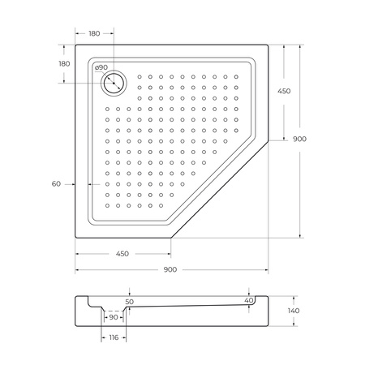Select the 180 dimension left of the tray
pyautogui.click(x=64, y=64)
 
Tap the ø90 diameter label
pyautogui.click(x=101, y=68)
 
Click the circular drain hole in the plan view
pyautogui.click(x=114, y=82)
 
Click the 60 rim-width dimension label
pyautogui.click(x=56, y=184)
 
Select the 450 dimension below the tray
pyautogui.click(x=122, y=254)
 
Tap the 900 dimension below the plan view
pyautogui.click(x=170, y=269)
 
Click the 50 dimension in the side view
pyautogui.click(x=130, y=301)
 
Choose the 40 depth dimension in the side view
pyautogui.click(x=248, y=301)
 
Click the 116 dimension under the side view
pyautogui.click(x=113, y=337)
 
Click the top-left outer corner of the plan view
pyautogui.click(x=76, y=45)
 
